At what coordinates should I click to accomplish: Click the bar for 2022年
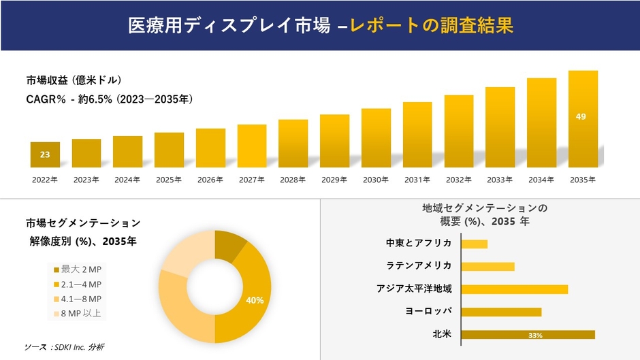[x=45, y=154]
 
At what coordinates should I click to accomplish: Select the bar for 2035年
[x=583, y=119]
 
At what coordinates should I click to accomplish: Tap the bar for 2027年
[x=252, y=146]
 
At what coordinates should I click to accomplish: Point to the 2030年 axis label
[x=376, y=180]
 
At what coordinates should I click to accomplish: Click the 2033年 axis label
[x=500, y=180]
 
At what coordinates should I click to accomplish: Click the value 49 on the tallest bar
[x=581, y=117]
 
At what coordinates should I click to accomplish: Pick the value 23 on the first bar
[x=45, y=155]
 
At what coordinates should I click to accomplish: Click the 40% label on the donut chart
[x=255, y=300]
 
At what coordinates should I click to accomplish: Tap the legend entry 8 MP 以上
[x=77, y=314]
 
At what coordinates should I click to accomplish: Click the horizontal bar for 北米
[x=528, y=334]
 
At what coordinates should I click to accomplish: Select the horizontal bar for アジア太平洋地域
[x=514, y=289]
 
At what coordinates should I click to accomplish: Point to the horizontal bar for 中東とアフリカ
[x=475, y=244]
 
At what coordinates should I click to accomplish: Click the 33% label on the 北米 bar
[x=535, y=335]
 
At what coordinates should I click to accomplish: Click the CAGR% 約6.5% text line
[x=109, y=99]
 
